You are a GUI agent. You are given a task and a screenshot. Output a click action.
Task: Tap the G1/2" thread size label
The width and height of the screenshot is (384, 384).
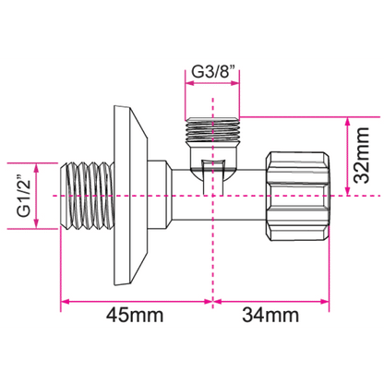click(x=24, y=197)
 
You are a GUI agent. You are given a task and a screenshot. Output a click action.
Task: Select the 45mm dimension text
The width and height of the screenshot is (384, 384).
click(x=135, y=315)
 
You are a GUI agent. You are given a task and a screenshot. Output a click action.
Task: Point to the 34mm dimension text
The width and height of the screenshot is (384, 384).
click(x=270, y=315)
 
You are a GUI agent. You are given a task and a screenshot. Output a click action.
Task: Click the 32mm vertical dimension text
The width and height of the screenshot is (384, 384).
click(x=361, y=155)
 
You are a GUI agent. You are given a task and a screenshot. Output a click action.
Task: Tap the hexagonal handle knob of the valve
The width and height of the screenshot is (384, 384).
click(x=298, y=196)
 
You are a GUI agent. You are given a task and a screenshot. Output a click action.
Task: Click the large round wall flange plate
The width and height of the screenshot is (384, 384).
click(x=130, y=196)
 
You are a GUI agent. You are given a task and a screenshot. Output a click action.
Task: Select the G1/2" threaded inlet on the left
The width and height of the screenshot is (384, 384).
click(x=87, y=196)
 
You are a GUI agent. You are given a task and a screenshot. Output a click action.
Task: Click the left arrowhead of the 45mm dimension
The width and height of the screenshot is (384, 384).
click(x=65, y=301)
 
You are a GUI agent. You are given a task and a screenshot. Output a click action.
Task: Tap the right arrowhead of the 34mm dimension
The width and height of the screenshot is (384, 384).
click(x=325, y=301)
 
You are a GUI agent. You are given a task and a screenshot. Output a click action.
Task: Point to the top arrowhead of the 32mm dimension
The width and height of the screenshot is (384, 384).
click(x=347, y=122)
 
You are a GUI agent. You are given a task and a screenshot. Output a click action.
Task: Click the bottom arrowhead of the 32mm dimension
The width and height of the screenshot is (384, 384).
click(x=347, y=191)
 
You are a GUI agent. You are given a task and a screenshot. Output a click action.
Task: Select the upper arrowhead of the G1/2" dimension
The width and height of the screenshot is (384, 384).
click(x=37, y=168)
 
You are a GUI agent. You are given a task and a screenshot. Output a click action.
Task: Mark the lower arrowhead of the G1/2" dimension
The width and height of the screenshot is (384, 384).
click(x=37, y=224)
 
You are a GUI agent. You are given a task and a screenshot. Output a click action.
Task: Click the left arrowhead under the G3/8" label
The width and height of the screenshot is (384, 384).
click(x=189, y=83)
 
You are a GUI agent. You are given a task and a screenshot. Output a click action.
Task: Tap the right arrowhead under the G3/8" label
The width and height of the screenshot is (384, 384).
click(x=234, y=83)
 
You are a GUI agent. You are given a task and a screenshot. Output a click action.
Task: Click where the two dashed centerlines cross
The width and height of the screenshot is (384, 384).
click(x=212, y=196)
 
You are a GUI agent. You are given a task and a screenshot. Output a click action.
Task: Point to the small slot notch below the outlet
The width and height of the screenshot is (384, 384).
click(x=213, y=177)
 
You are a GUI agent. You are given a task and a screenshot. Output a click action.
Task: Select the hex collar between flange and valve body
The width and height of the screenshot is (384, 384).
click(x=160, y=196)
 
